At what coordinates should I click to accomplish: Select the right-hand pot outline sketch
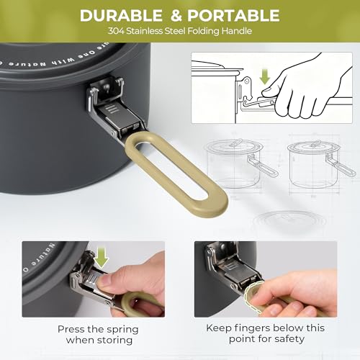(317, 158)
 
